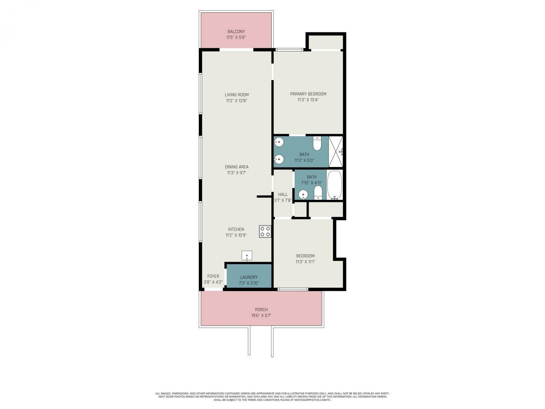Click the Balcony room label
point(236,32)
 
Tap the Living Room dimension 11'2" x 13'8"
point(237,101)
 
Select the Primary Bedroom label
point(308,94)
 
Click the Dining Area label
point(237,167)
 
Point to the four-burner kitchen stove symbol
point(265,231)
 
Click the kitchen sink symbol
point(247,256)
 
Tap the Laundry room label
point(249,277)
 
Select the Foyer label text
point(213,276)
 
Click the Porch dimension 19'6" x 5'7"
point(261,316)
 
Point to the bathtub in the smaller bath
point(334,185)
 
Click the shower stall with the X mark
point(336,152)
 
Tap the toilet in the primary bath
point(317,144)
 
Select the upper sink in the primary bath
point(279,142)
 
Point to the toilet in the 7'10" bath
point(318,193)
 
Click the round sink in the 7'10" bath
point(303,195)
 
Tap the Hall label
point(283,194)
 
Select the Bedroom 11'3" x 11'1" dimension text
point(305,262)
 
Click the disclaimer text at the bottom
point(272,397)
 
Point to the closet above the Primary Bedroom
point(326,42)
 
